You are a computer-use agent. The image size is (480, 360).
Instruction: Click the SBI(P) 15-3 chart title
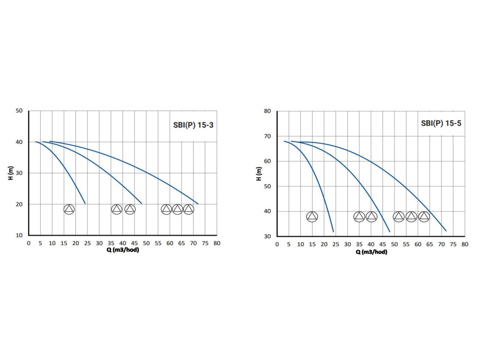coord(193,125)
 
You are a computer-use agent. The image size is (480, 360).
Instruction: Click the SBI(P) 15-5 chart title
coord(441,124)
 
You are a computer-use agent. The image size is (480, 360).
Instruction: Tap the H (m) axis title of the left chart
coord(10,173)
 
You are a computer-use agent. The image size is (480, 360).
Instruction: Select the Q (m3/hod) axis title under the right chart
coord(371,252)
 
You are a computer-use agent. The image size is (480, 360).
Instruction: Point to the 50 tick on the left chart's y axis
coord(19,111)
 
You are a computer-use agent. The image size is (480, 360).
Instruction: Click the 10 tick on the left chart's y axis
coord(19,235)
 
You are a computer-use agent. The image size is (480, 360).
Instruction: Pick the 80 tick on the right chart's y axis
coord(268,111)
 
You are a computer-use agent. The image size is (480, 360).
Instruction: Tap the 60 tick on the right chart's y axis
coord(268,161)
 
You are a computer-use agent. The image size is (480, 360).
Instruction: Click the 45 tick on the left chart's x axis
coord(135,243)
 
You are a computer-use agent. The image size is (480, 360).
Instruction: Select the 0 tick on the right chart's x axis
coord(277,244)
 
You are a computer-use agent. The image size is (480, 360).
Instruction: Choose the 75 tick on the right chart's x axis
coord(453,244)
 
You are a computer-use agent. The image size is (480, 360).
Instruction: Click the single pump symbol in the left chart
coord(69,210)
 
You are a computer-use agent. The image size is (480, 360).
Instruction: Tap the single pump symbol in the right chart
coord(312,217)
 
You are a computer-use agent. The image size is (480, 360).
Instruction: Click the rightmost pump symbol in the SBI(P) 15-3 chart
coord(188,210)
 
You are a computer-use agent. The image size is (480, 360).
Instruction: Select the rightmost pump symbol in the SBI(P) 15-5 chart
coord(424,217)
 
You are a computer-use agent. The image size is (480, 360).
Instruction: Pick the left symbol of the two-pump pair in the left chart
coord(117,210)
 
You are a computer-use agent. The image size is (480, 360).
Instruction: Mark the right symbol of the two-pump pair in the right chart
coord(371,217)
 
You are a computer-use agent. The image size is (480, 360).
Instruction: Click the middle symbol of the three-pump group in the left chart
coord(177,210)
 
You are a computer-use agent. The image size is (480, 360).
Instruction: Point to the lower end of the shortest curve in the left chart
coord(85,203)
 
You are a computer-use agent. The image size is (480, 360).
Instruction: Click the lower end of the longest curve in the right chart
coord(446,231)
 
